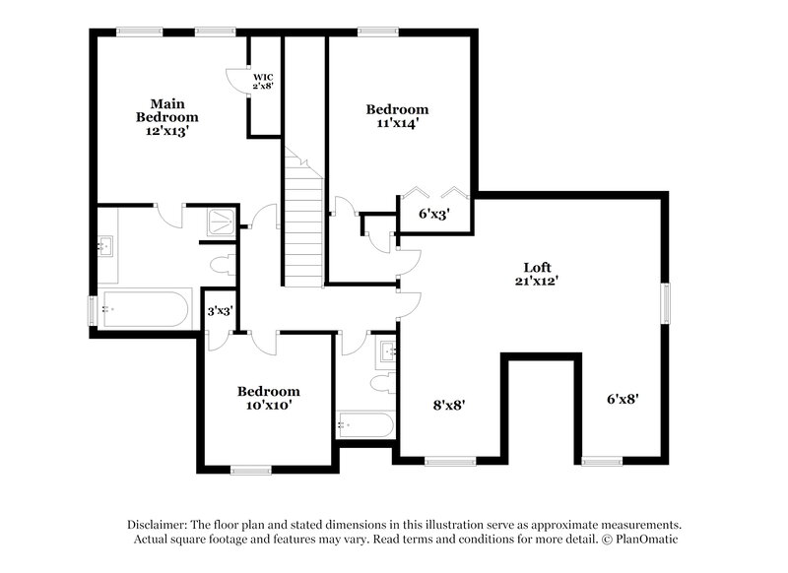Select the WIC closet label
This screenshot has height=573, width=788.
[x=263, y=77]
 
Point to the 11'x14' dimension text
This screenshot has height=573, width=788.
[x=398, y=124]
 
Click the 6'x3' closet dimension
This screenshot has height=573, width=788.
[x=434, y=214]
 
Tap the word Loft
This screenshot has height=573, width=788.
[x=537, y=267]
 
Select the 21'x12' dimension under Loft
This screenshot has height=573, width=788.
[x=537, y=282]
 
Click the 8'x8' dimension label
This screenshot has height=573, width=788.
[x=449, y=403]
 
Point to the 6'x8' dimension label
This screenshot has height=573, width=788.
[x=623, y=399]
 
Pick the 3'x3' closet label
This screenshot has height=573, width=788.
[x=219, y=311]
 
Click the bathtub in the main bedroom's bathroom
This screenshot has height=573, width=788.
[x=144, y=308]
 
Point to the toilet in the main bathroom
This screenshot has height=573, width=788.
[x=224, y=264]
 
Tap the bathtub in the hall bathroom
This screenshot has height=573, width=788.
[x=365, y=425]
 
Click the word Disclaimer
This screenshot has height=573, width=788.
[x=158, y=525]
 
